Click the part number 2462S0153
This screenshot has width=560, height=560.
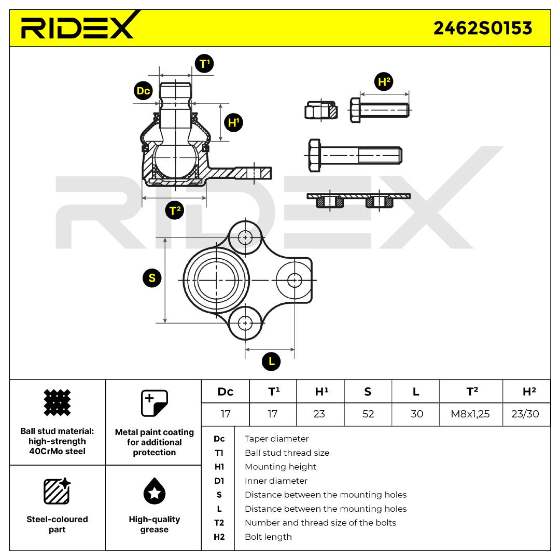coord(482,28)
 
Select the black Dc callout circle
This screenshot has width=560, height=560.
coord(143,91)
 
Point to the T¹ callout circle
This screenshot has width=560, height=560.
coord(204,64)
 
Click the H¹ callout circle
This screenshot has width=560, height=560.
coord(233,123)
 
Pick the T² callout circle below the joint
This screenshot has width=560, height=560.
coord(174,210)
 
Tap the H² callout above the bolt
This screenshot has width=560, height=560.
coord(384,82)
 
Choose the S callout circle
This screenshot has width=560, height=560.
coord(152,278)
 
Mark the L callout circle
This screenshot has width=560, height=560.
coord(271,361)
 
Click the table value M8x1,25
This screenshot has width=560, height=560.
coord(471,414)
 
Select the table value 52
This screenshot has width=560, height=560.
coord(368,414)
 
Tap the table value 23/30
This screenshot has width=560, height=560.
coord(526,414)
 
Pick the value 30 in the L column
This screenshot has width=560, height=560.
coord(416,414)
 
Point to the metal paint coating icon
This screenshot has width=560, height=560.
coord(154,403)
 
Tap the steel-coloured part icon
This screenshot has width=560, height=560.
coord(57,491)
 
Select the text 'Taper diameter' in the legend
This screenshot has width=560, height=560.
coord(276,439)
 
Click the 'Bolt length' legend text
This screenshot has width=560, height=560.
coord(268,537)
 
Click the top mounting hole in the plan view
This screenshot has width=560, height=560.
coord(245,237)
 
